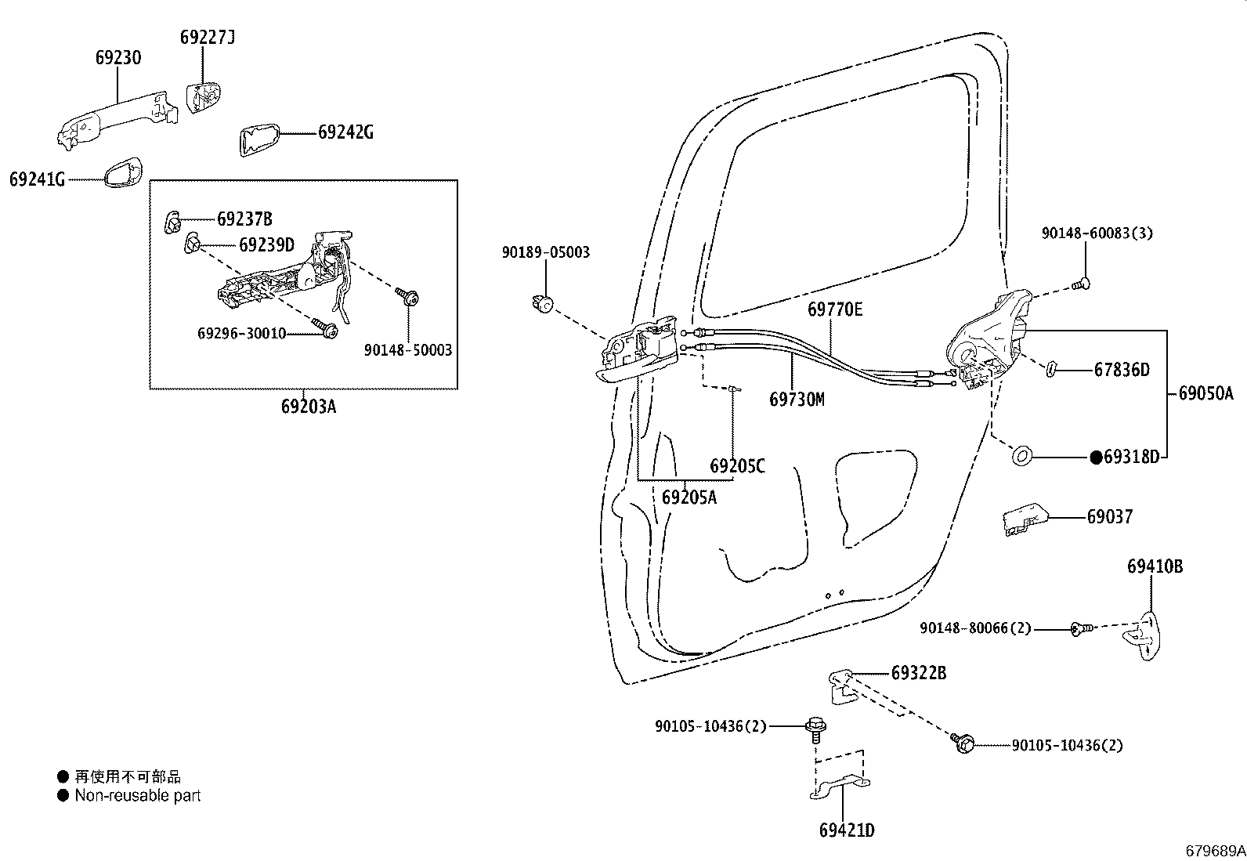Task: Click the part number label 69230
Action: (118, 57)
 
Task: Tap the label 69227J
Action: (207, 37)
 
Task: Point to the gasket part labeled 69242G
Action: (258, 139)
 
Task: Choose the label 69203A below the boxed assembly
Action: (308, 407)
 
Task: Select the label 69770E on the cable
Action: (835, 309)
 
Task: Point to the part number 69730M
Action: (797, 400)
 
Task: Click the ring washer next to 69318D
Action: (1022, 454)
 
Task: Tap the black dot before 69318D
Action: (1097, 457)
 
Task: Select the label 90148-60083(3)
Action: (1097, 233)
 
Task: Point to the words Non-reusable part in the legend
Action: (138, 795)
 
